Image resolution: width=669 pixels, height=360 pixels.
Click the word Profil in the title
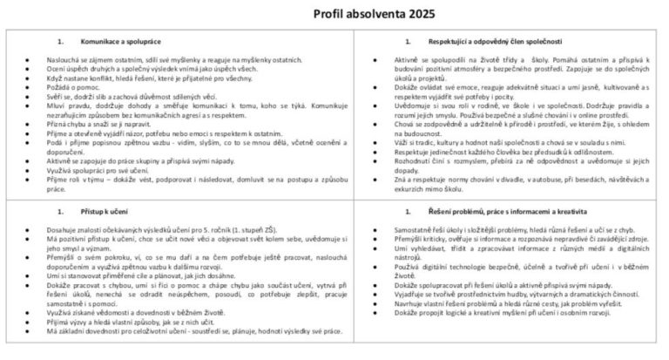pyautogui.click(x=311, y=14)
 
